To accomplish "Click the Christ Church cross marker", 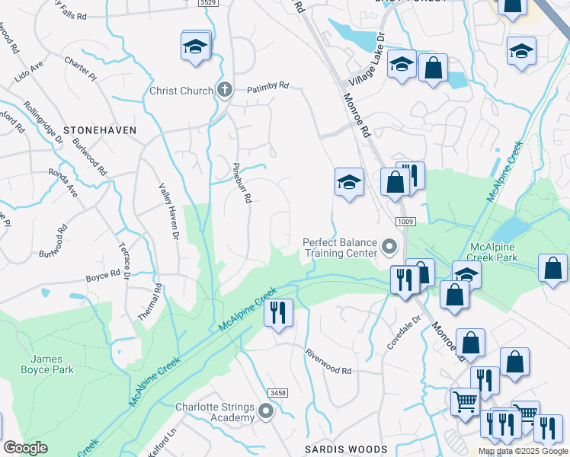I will click(224, 91).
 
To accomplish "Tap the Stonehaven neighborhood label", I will click(100, 130).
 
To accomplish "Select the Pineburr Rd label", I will click(242, 181).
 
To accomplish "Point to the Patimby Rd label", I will click(267, 87).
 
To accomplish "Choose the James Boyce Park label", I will click(53, 364).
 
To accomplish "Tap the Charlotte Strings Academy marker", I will click(266, 412).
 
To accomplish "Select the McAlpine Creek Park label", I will click(503, 253).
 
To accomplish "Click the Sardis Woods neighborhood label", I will click(346, 449).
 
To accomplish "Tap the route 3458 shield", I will click(278, 392).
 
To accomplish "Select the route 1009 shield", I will click(405, 221).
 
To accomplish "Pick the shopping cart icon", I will click(465, 401).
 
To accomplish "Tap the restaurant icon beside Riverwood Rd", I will click(278, 312).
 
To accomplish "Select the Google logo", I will click(25, 448).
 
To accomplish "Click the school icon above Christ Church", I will click(196, 46).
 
